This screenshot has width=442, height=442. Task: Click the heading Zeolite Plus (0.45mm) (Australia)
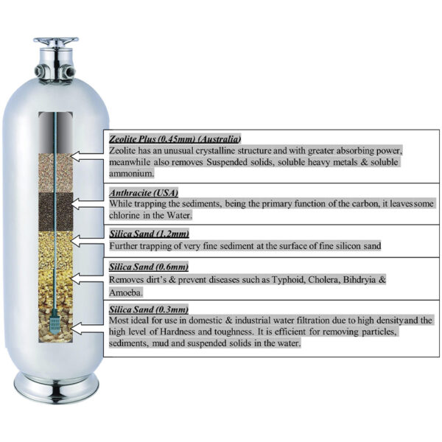pyautogui.click(x=175, y=139)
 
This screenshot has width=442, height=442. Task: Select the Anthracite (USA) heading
pyautogui.click(x=144, y=193)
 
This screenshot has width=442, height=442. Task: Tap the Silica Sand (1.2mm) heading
pyautogui.click(x=149, y=234)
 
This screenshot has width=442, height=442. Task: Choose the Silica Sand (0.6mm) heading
pyautogui.click(x=149, y=267)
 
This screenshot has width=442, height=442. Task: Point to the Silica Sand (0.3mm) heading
pyautogui.click(x=149, y=309)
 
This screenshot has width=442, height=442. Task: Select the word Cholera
pyautogui.click(x=323, y=280)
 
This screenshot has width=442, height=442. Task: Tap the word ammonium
pyautogui.click(x=132, y=174)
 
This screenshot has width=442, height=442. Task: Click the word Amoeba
pyautogui.click(x=126, y=292)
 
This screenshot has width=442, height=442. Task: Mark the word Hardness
pyautogui.click(x=178, y=331)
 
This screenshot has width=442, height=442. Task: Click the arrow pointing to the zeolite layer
pyautogui.click(x=87, y=156)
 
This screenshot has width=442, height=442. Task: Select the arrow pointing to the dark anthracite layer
pyautogui.click(x=87, y=203)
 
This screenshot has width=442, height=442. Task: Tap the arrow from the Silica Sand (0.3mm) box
pyautogui.click(x=87, y=329)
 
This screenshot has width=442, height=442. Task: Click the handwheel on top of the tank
pyautogui.click(x=56, y=41)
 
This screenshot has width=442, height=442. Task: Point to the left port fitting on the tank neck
pyautogui.click(x=41, y=71)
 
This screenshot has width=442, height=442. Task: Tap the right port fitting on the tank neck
pyautogui.click(x=69, y=71)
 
